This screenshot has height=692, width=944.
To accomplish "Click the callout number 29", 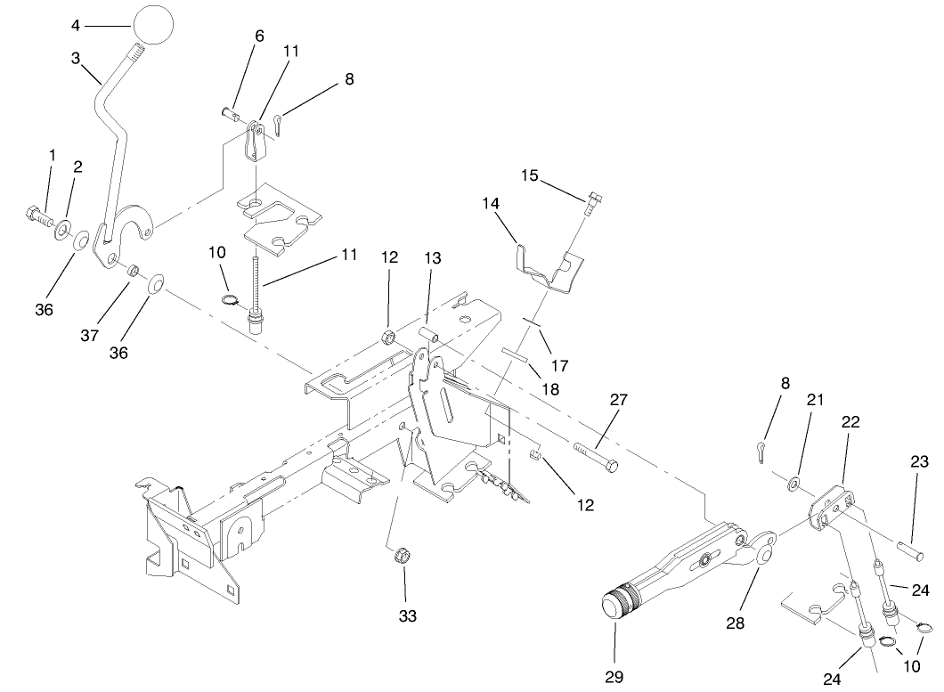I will tap(615, 677).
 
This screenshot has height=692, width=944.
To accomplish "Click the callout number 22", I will tap(850, 423).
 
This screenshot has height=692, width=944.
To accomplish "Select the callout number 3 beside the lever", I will tap(77, 59).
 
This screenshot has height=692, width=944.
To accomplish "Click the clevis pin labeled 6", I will tap(231, 113).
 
